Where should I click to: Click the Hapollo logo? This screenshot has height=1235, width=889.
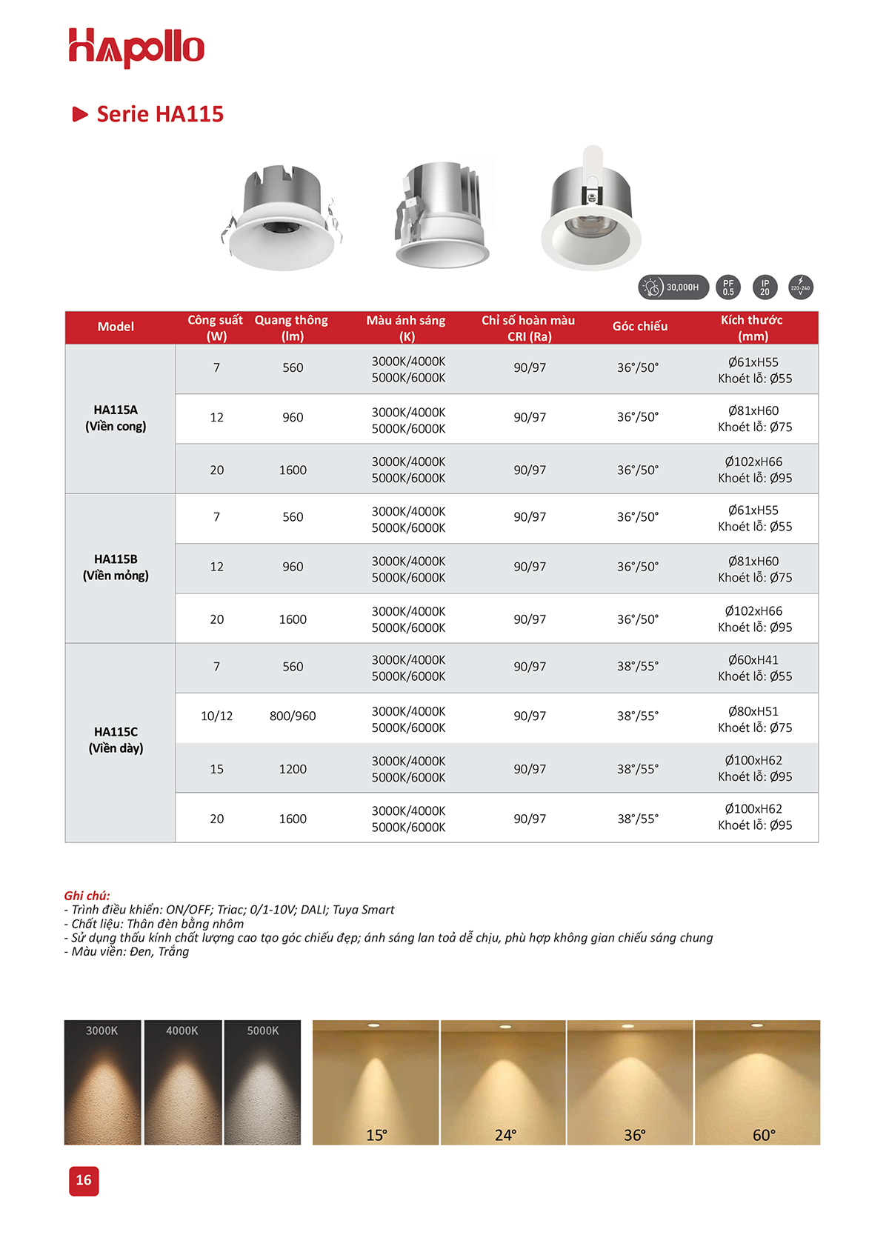pos(136,47)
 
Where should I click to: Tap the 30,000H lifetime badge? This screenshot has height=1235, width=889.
pos(673,287)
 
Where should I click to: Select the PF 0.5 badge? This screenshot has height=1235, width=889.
pos(728,287)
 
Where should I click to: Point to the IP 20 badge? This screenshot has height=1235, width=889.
pos(765,287)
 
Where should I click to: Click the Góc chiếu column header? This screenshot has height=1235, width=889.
pos(640,327)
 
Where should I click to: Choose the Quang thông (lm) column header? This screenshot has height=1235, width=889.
pos(292,327)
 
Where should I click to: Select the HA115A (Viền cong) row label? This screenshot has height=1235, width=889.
pos(116,418)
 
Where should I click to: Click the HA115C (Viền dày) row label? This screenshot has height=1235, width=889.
pos(116,740)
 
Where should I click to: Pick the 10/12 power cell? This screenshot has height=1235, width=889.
pos(216,716)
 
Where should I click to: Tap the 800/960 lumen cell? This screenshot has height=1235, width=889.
pos(293,716)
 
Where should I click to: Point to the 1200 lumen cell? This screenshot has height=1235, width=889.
pos(293,769)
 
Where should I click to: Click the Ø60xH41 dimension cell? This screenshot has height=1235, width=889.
pos(754,668)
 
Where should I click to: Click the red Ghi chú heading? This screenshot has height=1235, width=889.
pos(87,896)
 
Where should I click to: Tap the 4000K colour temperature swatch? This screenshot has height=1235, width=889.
pos(182,1082)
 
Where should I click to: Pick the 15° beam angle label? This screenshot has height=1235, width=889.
pos(376,1135)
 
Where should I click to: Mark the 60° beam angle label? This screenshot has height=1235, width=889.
pos(764,1135)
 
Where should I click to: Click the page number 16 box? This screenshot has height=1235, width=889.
pos(84,1180)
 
